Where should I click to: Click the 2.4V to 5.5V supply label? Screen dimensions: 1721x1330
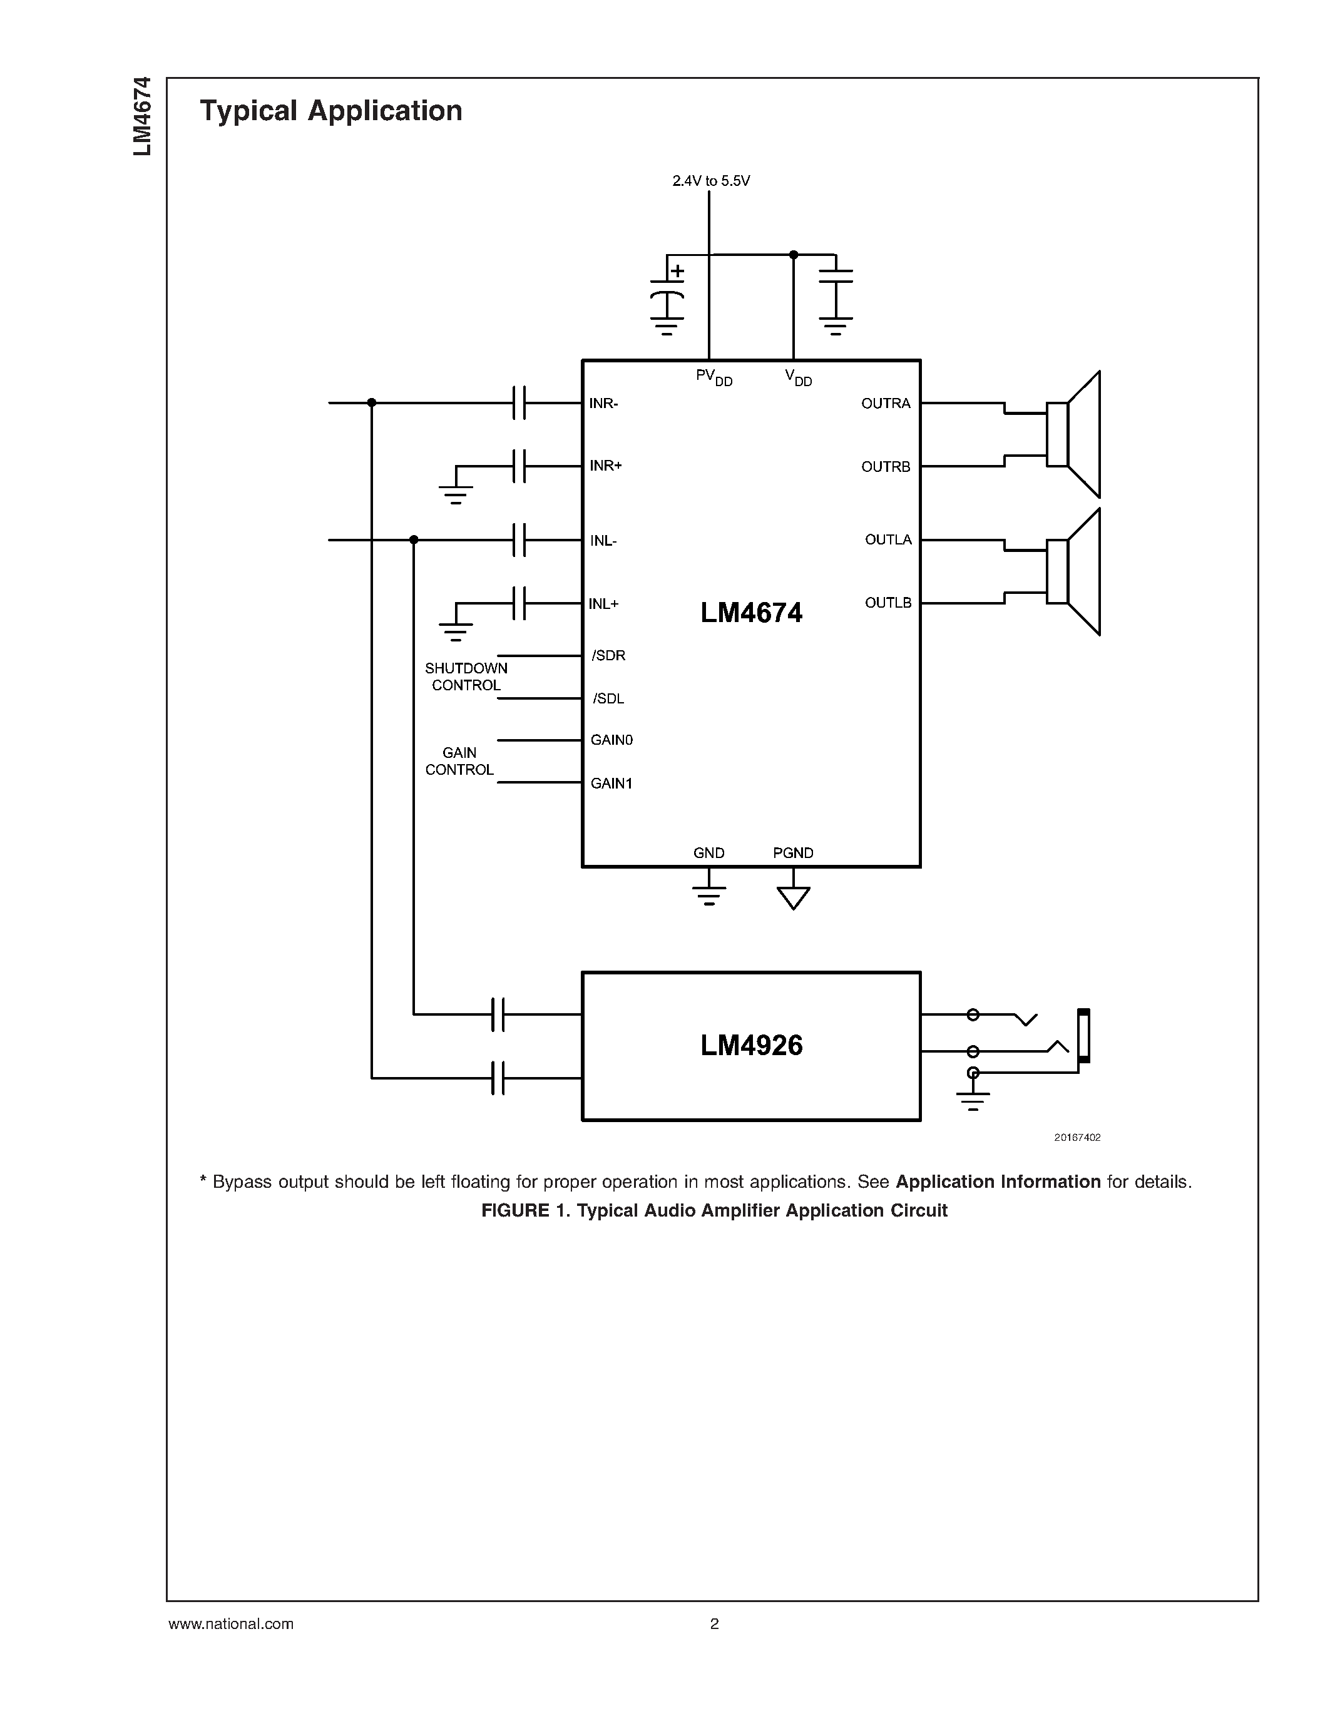pyautogui.click(x=711, y=181)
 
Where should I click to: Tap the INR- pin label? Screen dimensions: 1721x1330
pyautogui.click(x=603, y=404)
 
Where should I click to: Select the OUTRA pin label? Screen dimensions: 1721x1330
pyautogui.click(x=886, y=404)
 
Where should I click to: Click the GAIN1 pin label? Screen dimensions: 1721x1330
pyautogui.click(x=611, y=784)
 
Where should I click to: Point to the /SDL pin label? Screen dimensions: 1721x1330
pyautogui.click(x=608, y=699)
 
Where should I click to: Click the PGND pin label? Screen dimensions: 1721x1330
pyautogui.click(x=792, y=852)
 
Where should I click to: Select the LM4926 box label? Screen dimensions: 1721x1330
pyautogui.click(x=751, y=1046)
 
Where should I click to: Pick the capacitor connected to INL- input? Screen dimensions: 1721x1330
pyautogui.click(x=518, y=540)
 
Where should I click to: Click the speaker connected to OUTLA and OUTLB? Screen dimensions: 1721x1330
pyautogui.click(x=1074, y=571)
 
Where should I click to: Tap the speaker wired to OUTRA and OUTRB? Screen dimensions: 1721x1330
pyautogui.click(x=1074, y=434)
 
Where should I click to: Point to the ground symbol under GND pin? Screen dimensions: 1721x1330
pyautogui.click(x=708, y=894)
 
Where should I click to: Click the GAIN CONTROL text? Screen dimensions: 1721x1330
pyautogui.click(x=459, y=761)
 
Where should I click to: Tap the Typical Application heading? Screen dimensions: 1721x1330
pyautogui.click(x=331, y=110)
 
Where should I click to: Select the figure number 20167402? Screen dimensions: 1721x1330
pyautogui.click(x=1077, y=1137)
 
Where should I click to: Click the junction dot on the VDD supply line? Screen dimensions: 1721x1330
pyautogui.click(x=794, y=255)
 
